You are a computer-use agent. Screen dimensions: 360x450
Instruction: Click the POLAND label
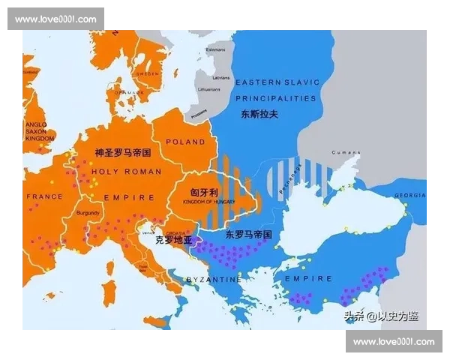[x=185, y=142]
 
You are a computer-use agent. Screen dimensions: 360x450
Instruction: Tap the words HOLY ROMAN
[x=126, y=172]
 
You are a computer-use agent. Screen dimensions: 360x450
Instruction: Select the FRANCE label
[x=45, y=196]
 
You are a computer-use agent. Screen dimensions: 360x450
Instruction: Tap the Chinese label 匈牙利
[x=204, y=193]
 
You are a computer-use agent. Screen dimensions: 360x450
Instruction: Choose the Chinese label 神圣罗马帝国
[x=123, y=152]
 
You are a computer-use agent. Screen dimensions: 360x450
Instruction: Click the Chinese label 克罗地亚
[x=173, y=241]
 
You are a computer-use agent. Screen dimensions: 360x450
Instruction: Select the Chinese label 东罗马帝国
[x=248, y=235]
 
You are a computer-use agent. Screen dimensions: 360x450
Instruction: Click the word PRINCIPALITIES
[x=276, y=98]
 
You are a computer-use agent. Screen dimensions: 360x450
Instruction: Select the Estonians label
[x=215, y=49]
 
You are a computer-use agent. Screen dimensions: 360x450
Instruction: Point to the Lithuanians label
[x=210, y=89]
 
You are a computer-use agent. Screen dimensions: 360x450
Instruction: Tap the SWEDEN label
[x=147, y=74]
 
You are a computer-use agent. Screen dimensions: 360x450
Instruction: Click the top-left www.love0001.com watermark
[x=56, y=19]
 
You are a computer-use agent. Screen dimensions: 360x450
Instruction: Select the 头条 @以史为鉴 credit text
[x=381, y=316]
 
